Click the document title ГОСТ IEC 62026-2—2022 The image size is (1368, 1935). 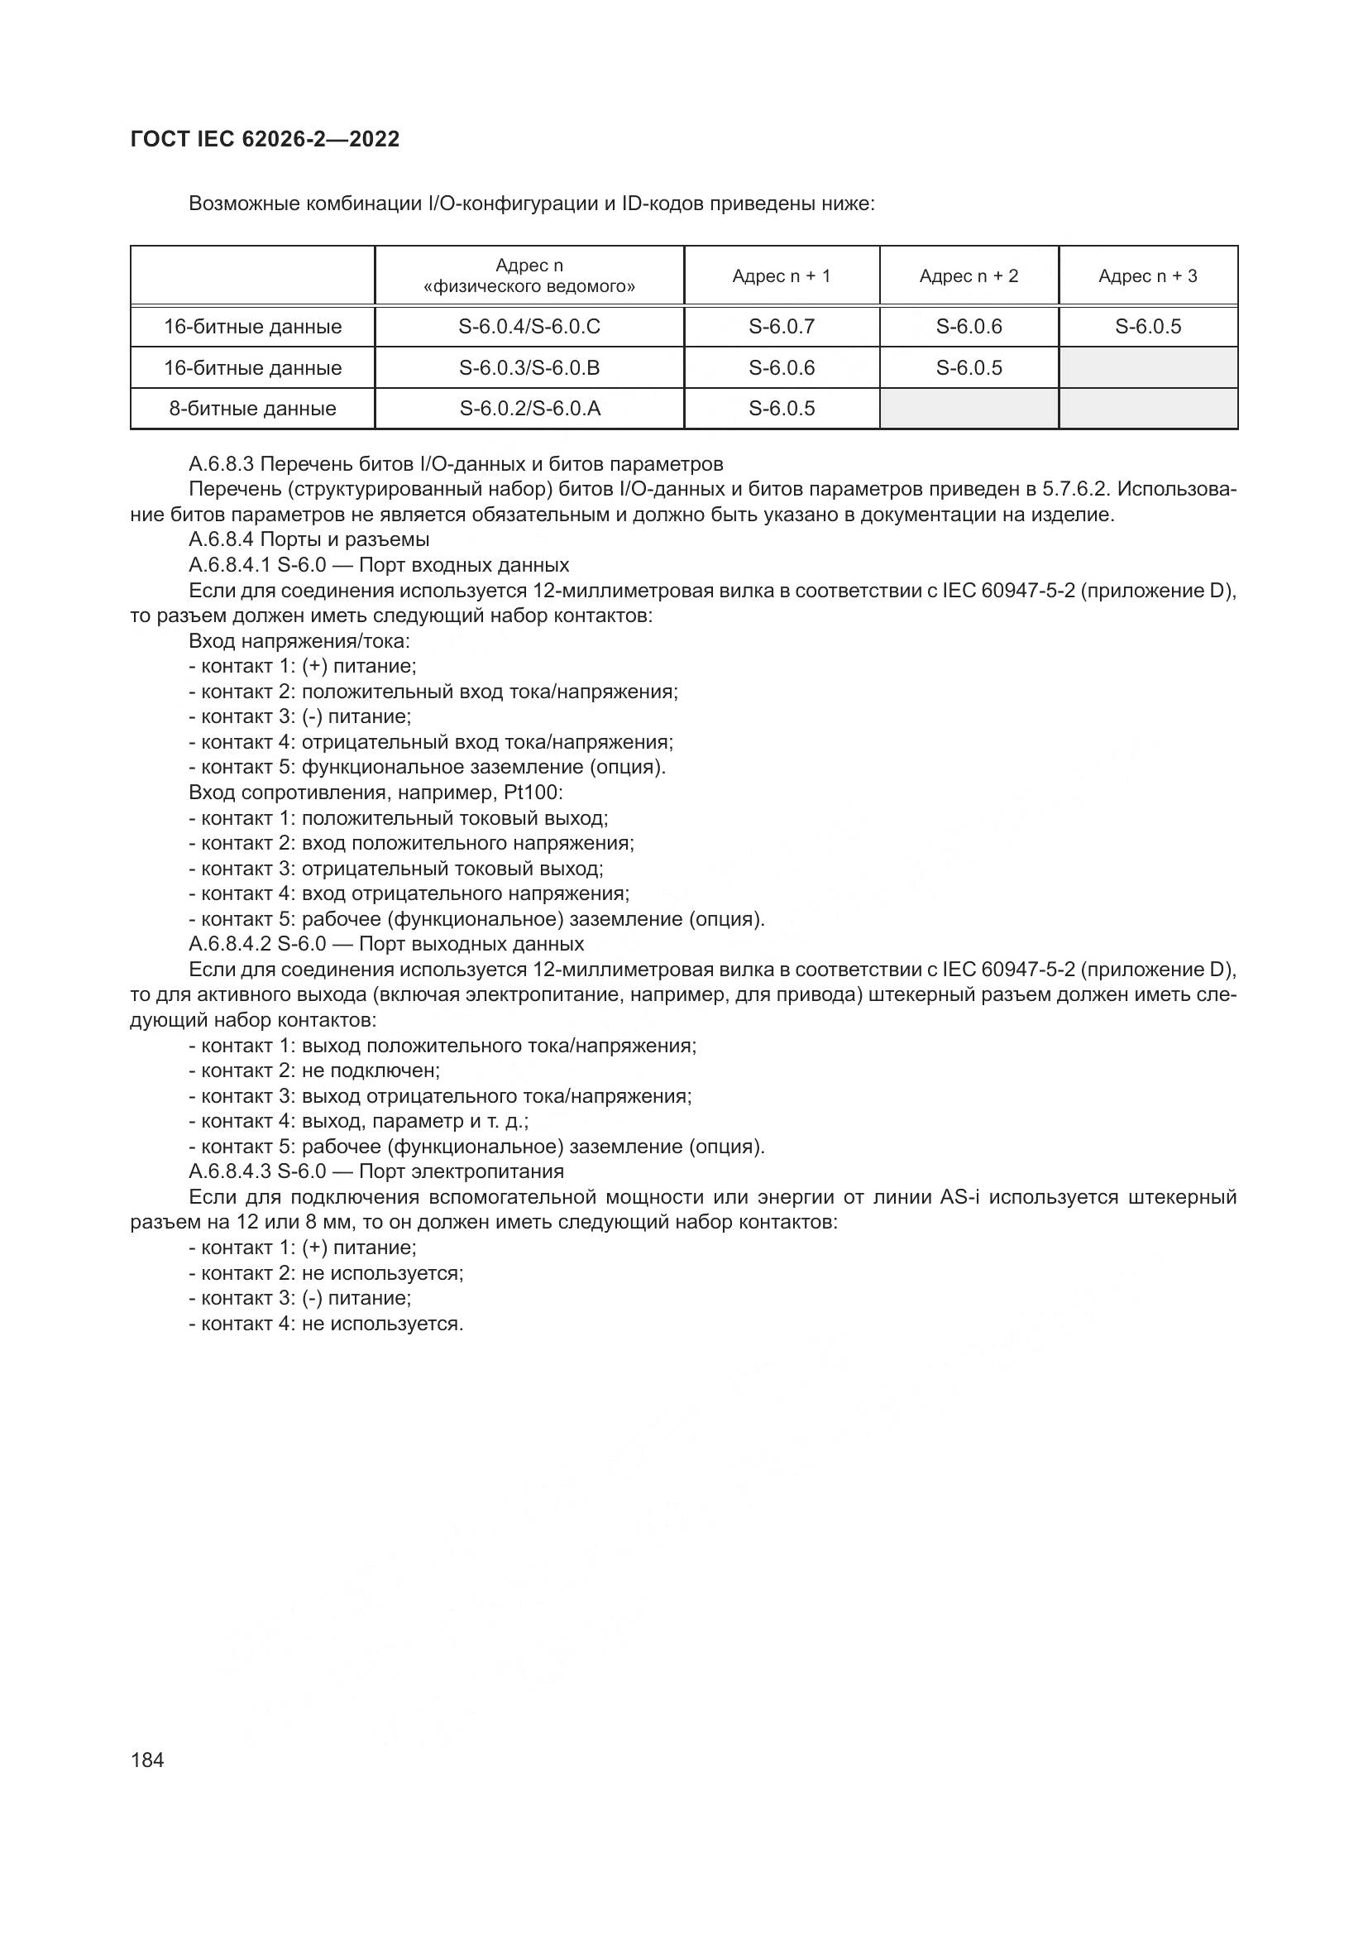click(x=265, y=139)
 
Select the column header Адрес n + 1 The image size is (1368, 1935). click(x=781, y=275)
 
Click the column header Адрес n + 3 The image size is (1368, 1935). click(x=1147, y=275)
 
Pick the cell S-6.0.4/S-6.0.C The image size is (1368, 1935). click(x=529, y=326)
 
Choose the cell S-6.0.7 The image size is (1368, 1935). click(x=781, y=326)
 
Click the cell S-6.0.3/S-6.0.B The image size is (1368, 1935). click(x=529, y=367)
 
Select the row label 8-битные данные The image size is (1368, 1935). click(x=252, y=409)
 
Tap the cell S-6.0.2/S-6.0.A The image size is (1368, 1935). click(x=529, y=409)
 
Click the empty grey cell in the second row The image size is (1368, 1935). click(x=1147, y=367)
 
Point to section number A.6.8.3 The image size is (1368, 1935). click(x=222, y=463)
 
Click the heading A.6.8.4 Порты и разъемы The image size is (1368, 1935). click(x=309, y=539)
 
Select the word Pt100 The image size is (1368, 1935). click(x=534, y=793)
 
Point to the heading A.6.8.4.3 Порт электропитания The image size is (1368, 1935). click(x=376, y=1171)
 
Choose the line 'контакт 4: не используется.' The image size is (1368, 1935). click(x=326, y=1323)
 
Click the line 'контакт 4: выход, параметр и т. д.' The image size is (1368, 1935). click(x=359, y=1121)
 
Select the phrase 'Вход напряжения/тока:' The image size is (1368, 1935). click(x=299, y=641)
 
